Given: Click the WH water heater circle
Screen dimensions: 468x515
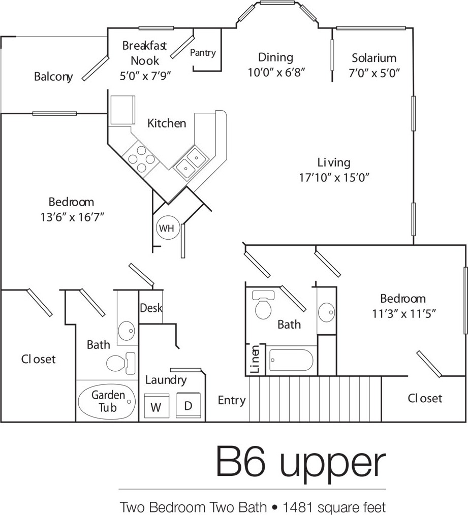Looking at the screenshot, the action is tap(167, 228).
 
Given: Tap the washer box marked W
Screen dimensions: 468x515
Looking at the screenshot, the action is tap(157, 406).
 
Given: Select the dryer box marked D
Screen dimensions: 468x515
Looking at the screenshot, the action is tap(189, 405).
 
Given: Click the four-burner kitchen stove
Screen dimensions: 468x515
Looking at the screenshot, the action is tap(142, 159).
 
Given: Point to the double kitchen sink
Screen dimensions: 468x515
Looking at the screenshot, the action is tap(191, 163).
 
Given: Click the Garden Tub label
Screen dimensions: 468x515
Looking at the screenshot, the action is tap(108, 401).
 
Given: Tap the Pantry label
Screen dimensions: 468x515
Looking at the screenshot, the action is tap(203, 52).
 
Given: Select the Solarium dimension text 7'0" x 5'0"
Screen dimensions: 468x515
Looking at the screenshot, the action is tap(374, 73).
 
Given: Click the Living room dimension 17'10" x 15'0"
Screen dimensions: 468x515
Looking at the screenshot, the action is tap(334, 177).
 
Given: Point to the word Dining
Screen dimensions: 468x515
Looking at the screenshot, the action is tap(275, 57).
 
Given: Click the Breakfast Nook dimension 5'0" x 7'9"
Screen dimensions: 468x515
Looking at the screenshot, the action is tap(145, 76).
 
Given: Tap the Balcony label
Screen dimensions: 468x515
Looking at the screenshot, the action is tap(53, 77).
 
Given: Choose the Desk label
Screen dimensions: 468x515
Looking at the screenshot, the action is tap(151, 308).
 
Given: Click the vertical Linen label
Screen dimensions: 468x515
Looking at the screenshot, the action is tap(255, 359).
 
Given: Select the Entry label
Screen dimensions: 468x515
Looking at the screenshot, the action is tap(232, 400).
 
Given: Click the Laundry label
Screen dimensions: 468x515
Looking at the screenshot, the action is tap(166, 380).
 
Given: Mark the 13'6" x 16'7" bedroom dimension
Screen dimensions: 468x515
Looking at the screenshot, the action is tap(72, 217).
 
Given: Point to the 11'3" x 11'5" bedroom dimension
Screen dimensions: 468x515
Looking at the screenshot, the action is tap(403, 313).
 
